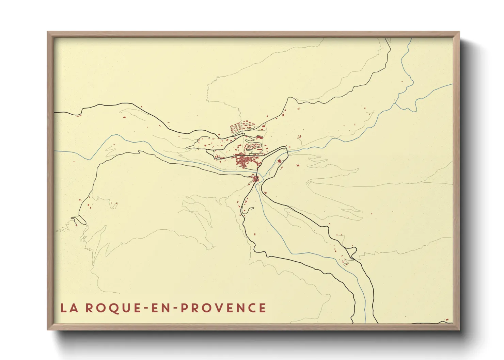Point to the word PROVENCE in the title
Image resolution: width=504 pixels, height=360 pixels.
coord(223,308)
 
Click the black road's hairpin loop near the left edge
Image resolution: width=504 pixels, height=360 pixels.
coord(79,220)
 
